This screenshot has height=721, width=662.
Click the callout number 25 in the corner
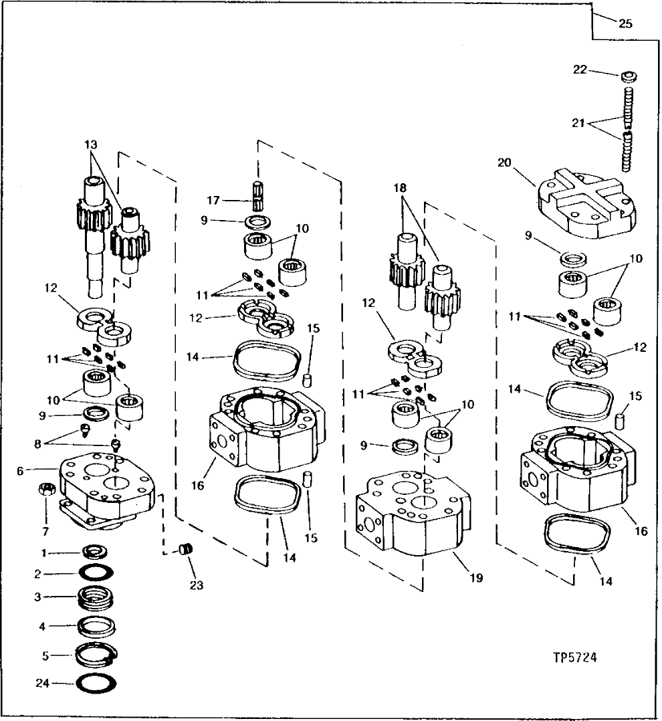625,24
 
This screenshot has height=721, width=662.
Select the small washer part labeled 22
629,75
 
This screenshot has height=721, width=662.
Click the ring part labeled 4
98,627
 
